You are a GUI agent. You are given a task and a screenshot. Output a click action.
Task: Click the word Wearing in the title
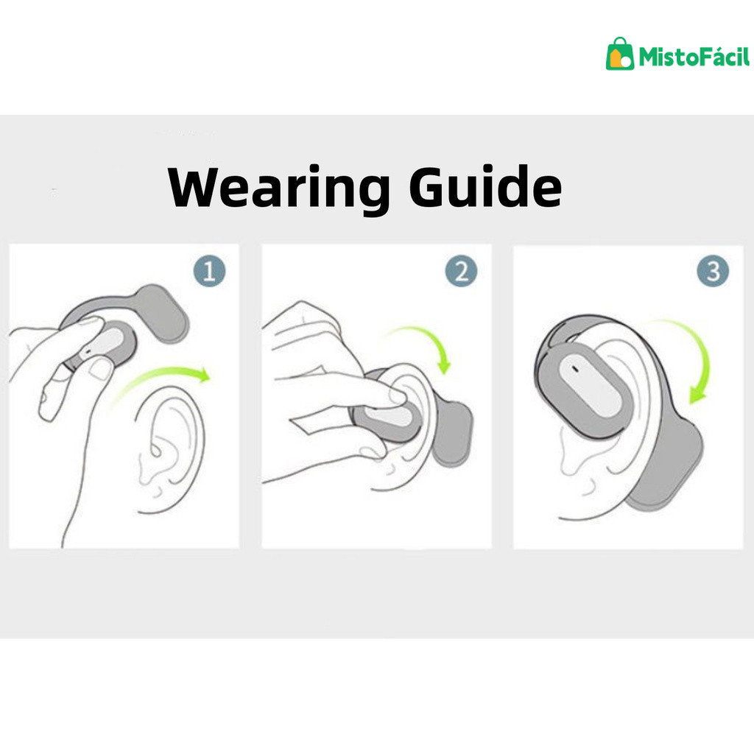click(279, 188)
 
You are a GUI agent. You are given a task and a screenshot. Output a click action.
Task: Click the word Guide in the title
click(485, 186)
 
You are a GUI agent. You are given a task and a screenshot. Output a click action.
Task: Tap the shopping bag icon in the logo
click(619, 54)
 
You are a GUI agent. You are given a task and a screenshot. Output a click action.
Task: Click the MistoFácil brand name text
click(694, 56)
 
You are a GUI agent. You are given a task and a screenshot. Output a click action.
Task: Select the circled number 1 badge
click(209, 271)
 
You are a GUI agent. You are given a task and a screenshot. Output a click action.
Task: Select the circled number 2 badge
click(461, 271)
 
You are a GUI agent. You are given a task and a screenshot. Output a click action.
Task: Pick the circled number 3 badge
click(713, 271)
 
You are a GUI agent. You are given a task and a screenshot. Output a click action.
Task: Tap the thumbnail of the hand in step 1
click(101, 370)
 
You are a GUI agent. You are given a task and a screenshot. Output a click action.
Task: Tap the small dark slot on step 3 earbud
click(575, 370)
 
